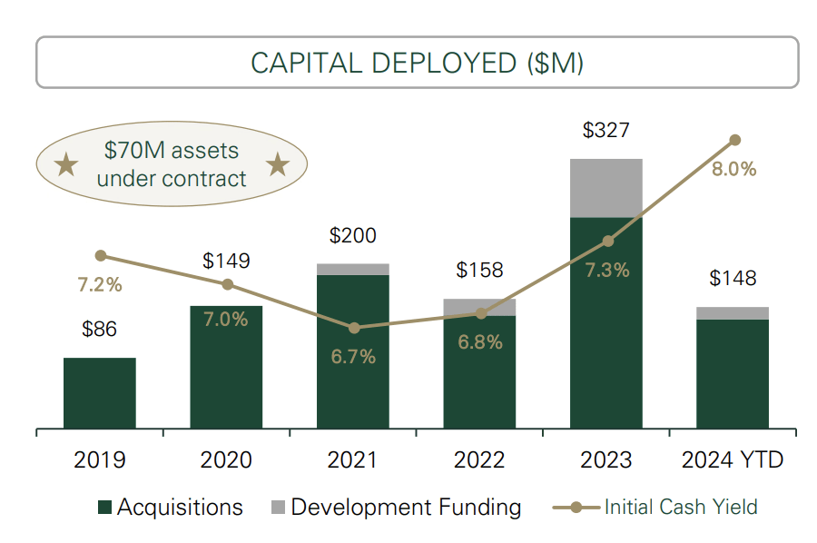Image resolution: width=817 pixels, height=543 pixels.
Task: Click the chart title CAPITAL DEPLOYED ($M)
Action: (x=417, y=63)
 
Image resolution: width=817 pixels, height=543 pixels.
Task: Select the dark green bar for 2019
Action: (x=100, y=393)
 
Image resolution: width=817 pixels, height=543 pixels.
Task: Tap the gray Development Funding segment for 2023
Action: (x=606, y=188)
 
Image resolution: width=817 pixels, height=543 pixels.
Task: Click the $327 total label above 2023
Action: (x=606, y=130)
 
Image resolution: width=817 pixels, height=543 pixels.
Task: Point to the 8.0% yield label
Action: (x=734, y=169)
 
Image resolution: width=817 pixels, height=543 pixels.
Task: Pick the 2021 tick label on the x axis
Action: (x=353, y=460)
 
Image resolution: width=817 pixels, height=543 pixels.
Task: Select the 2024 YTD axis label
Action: (x=733, y=460)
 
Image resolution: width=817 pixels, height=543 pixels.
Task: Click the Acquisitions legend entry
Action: (x=170, y=507)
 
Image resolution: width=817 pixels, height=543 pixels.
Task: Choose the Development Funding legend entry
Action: (x=396, y=507)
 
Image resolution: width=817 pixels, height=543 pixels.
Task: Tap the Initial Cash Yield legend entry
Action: (x=655, y=507)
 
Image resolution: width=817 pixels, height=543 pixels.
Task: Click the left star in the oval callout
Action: (x=65, y=165)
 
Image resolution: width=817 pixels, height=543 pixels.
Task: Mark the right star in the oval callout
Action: (x=278, y=165)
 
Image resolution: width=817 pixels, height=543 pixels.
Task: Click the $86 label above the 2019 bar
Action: (x=100, y=329)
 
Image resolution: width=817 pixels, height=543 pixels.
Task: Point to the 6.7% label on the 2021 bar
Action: (x=353, y=357)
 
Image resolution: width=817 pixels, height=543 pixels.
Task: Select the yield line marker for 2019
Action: (x=100, y=256)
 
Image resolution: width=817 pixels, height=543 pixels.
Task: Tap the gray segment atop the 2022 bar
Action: (x=479, y=307)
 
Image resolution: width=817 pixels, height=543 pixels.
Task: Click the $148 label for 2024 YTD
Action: (x=733, y=278)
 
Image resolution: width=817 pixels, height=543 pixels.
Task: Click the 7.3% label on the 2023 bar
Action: (x=606, y=270)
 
